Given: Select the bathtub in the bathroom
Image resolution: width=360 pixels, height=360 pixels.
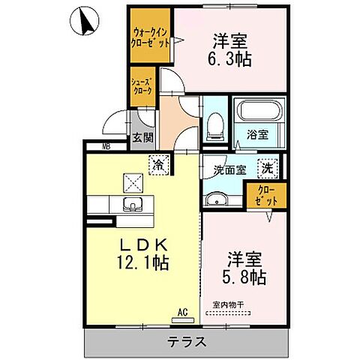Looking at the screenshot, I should click(259, 113).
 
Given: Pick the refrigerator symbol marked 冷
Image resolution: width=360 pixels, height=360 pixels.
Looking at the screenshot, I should click(158, 162).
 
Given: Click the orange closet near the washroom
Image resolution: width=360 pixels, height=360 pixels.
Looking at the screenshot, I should click(266, 196).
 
